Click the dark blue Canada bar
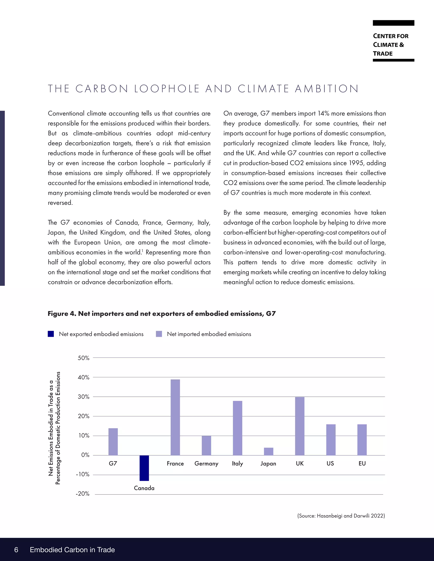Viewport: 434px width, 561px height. (144, 468)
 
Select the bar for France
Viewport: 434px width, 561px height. (175, 417)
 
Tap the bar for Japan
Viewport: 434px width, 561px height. (269, 451)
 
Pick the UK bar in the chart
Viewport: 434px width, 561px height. (300, 426)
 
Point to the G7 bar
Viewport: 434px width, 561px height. (113, 442)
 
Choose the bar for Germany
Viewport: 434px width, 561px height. (206, 445)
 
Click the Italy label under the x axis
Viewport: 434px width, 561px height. (237, 463)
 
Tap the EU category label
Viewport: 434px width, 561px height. (362, 463)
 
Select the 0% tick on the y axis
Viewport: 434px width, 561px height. (85, 455)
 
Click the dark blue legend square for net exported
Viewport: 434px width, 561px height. (51, 334)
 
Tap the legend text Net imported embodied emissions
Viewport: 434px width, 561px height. (209, 334)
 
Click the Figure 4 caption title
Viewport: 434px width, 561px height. (162, 314)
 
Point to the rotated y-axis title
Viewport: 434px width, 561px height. (54, 428)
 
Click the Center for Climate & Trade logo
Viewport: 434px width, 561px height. (393, 41)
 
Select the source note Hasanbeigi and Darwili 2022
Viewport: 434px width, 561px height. (341, 516)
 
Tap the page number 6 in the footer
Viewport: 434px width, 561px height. (16, 550)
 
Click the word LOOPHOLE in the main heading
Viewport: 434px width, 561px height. (167, 89)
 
